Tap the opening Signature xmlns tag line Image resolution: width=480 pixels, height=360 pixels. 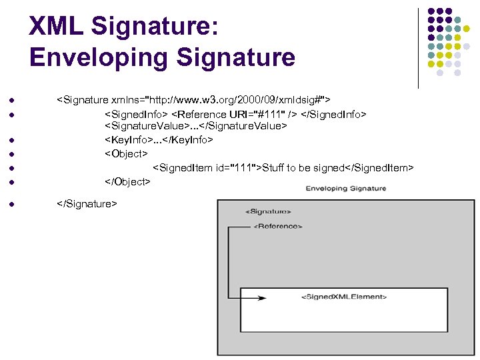tap(194, 100)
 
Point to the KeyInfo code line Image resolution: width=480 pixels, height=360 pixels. tap(159, 140)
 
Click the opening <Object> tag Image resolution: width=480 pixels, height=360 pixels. tap(127, 153)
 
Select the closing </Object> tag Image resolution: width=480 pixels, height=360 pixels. tap(128, 181)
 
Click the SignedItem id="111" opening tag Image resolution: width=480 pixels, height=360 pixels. tap(207, 167)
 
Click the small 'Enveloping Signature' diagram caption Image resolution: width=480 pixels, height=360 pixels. tap(346, 189)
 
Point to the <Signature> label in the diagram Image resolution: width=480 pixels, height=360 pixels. tap(268, 211)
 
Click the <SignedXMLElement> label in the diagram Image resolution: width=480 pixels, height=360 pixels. tap(344, 297)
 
